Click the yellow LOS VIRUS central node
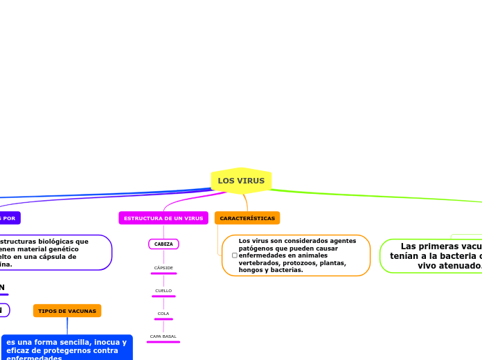[241, 181]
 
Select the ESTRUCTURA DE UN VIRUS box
[163, 218]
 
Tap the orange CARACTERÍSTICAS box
[247, 218]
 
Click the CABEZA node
[163, 244]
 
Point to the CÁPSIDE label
[163, 268]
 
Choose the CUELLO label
[163, 291]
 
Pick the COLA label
[163, 314]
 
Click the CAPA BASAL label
[163, 336]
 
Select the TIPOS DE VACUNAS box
[67, 311]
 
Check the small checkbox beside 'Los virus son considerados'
[234, 255]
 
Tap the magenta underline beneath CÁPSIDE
[163, 273]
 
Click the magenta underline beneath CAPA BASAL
[163, 342]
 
